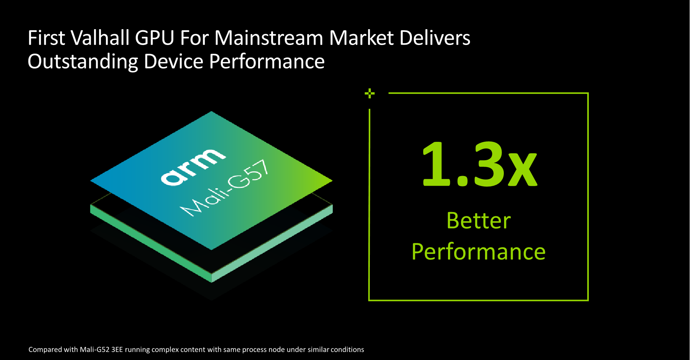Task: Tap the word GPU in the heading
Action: click(x=155, y=38)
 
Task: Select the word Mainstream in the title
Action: click(x=269, y=38)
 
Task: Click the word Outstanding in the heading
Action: click(x=83, y=62)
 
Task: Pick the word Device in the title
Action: click(x=174, y=61)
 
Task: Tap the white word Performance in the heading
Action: click(x=267, y=61)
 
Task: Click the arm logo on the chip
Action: click(x=193, y=167)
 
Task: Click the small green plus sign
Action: click(x=369, y=94)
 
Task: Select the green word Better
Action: click(x=479, y=220)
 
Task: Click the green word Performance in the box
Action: click(x=479, y=252)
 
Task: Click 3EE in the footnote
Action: click(x=117, y=350)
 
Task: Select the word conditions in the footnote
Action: click(x=347, y=350)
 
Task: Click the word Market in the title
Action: click(x=362, y=38)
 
